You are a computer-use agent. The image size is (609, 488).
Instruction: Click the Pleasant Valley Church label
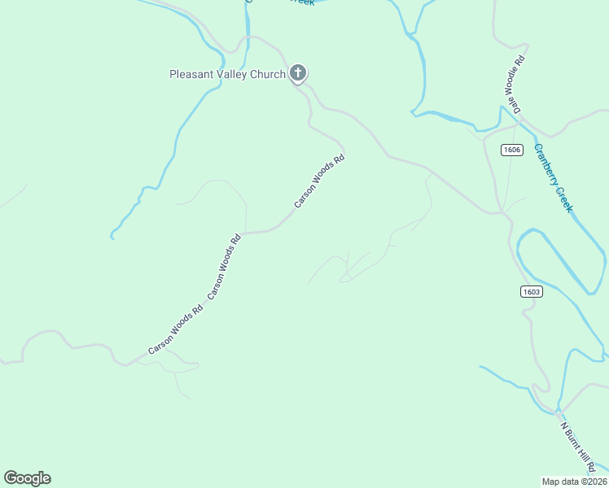227,75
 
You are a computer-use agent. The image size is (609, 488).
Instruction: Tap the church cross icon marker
298,74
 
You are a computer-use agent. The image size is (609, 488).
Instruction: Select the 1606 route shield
511,150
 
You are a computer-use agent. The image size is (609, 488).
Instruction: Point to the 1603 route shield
531,292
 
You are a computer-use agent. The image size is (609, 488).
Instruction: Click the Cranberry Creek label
554,178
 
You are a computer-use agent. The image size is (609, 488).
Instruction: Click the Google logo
27,478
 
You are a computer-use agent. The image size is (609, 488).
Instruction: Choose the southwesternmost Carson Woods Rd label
174,330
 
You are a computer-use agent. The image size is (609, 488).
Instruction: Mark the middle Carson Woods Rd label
225,268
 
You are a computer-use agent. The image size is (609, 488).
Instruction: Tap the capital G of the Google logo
11,478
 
